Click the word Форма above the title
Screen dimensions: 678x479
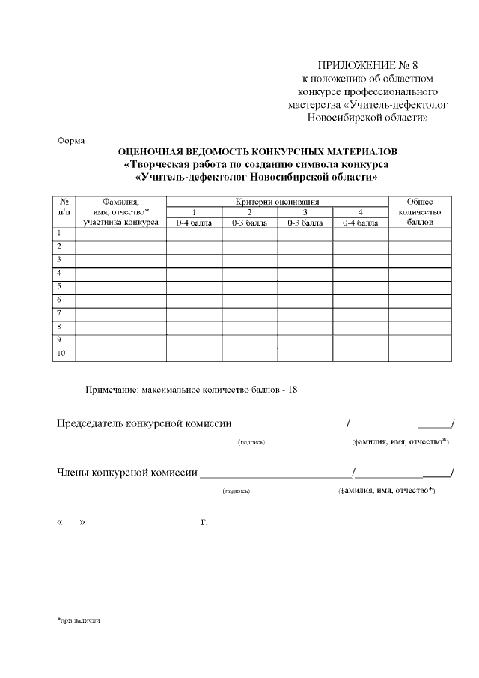tap(71, 141)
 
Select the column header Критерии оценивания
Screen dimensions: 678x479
tap(277, 202)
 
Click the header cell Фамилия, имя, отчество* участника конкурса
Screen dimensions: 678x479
tap(120, 212)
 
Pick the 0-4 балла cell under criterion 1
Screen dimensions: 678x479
tap(194, 223)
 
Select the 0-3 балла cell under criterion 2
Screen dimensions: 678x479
tap(249, 223)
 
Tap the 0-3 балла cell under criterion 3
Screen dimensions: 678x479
tap(305, 223)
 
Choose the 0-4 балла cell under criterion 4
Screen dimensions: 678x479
tap(360, 223)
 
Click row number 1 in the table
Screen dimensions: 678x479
tap(59, 234)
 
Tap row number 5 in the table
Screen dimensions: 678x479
tap(59, 286)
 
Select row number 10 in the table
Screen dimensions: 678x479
tap(61, 353)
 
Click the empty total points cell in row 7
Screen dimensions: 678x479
tap(419, 313)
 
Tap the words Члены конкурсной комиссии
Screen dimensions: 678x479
tap(128, 473)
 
